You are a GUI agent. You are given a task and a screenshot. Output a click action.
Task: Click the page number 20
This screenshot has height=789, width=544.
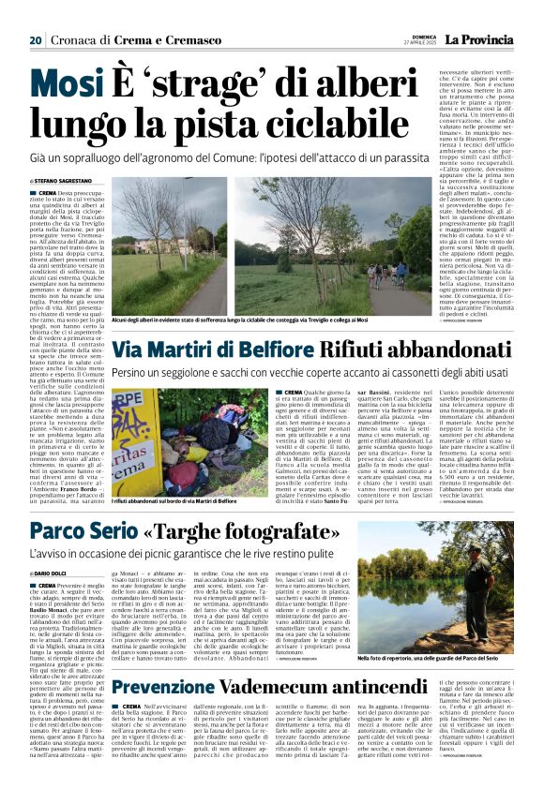tap(35, 40)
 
